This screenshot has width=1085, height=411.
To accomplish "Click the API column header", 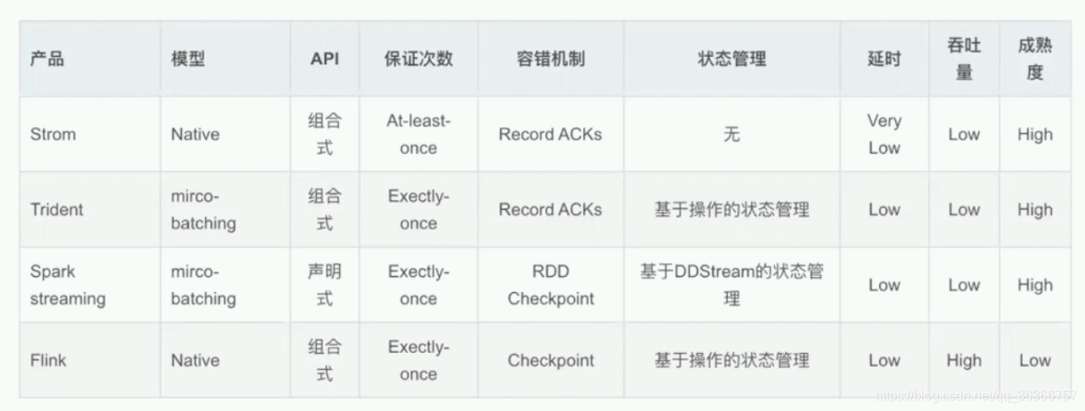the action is click(x=324, y=59).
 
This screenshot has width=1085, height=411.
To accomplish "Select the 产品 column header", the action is click(x=47, y=59).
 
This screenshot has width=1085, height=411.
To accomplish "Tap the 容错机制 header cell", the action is click(x=551, y=59).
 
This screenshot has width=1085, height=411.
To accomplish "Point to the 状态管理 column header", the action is click(x=732, y=59).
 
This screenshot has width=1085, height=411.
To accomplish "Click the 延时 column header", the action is click(x=884, y=59).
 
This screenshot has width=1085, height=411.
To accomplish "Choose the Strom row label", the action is click(x=53, y=134).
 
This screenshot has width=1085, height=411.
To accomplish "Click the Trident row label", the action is click(x=57, y=209).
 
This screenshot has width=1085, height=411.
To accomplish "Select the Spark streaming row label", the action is click(x=68, y=285).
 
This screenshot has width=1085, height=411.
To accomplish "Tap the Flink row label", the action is click(x=48, y=361).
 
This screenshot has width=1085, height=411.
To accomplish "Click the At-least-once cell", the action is click(x=418, y=134).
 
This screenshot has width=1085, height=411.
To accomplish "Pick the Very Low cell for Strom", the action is click(x=884, y=134).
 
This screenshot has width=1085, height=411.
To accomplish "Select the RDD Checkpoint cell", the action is click(x=551, y=285).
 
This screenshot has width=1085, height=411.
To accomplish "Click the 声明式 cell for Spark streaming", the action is click(x=324, y=285).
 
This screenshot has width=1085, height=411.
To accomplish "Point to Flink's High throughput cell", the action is click(x=964, y=361).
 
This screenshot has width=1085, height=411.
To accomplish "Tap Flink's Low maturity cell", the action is click(x=1035, y=361).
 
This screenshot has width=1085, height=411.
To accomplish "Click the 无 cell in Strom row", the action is click(x=732, y=134).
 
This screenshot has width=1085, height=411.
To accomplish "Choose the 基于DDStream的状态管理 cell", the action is click(x=732, y=285).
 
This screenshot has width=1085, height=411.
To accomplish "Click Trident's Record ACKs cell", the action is click(x=551, y=209).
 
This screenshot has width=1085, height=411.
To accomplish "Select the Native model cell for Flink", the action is click(x=195, y=361).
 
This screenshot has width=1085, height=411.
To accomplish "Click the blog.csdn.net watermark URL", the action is click(x=977, y=395).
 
